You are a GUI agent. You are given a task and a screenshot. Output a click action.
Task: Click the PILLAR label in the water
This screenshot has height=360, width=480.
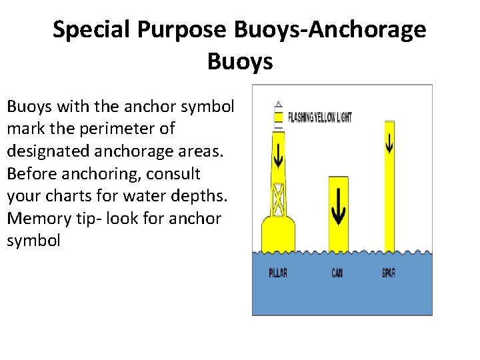pyautogui.click(x=278, y=273)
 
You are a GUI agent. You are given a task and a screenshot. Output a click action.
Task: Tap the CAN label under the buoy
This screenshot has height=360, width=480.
pyautogui.click(x=338, y=273)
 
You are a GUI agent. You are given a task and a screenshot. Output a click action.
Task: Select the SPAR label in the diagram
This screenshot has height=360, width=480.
pyautogui.click(x=389, y=273)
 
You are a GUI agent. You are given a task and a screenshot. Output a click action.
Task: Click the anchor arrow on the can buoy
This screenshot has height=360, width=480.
pyautogui.click(x=339, y=207)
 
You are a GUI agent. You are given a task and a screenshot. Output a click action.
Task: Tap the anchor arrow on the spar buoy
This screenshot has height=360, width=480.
pyautogui.click(x=389, y=141)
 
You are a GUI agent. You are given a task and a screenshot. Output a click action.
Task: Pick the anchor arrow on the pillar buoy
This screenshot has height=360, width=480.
pyautogui.click(x=279, y=154)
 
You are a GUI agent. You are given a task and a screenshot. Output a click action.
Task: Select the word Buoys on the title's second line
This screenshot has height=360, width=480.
pyautogui.click(x=240, y=61)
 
